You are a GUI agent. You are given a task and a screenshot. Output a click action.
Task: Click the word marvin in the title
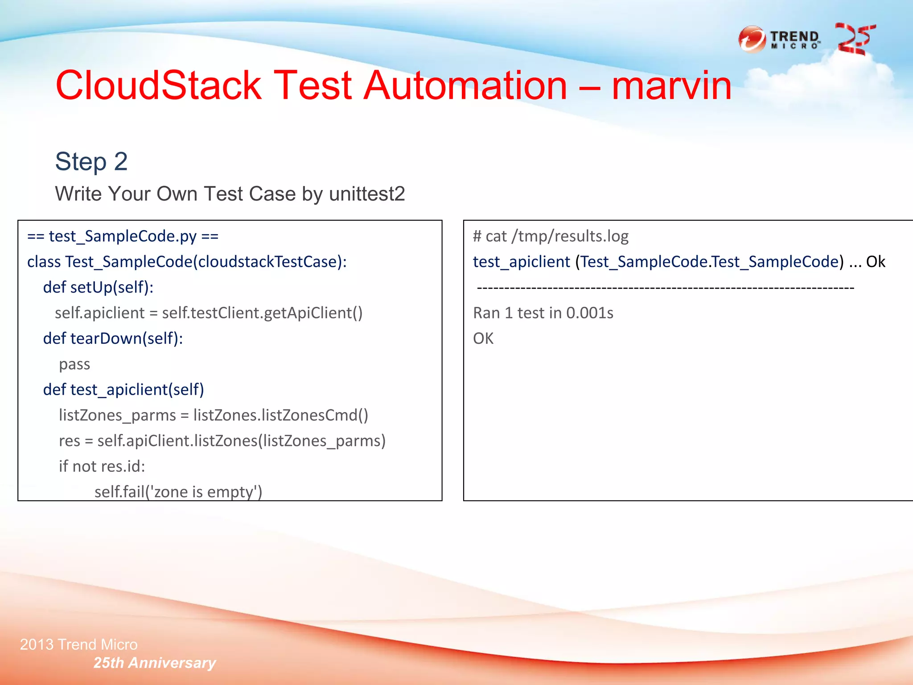(671, 86)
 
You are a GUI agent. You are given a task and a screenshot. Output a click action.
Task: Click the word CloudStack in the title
(158, 86)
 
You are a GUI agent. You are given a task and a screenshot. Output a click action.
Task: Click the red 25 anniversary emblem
(855, 39)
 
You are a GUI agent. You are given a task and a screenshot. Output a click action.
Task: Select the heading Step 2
(91, 161)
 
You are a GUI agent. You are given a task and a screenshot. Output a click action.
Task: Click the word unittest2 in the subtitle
(366, 194)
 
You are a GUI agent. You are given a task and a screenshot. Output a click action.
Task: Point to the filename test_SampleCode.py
(123, 236)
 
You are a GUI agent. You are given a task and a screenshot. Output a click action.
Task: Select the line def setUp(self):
(98, 287)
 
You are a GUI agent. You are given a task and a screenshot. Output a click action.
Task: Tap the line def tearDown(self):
(113, 338)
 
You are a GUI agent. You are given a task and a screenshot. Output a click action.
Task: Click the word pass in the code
(74, 364)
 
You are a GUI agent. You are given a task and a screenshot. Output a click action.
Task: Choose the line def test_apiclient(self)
(123, 390)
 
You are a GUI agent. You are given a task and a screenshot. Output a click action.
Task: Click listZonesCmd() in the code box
(315, 415)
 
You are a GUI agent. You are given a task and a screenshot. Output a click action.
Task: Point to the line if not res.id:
(102, 466)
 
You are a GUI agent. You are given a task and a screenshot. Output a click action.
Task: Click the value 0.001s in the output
(589, 313)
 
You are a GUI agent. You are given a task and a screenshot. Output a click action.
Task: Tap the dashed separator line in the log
(665, 288)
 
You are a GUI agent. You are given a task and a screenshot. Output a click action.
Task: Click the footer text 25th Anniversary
(155, 663)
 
